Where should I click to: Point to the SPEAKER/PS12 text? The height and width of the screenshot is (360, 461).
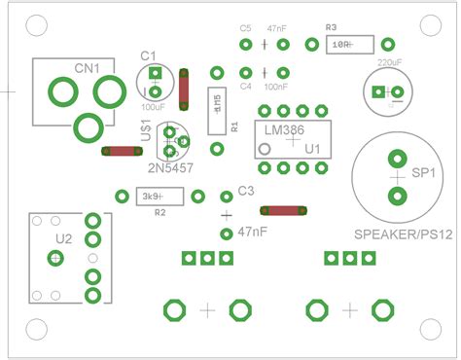[402, 234]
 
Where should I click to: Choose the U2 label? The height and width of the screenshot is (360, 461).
[63, 237]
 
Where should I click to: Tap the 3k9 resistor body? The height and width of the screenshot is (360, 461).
[150, 197]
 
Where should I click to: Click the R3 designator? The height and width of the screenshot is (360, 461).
[332, 27]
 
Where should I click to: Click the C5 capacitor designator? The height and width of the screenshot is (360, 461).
[245, 28]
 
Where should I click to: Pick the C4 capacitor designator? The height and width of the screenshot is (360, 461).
[245, 86]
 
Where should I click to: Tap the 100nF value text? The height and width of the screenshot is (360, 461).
[276, 86]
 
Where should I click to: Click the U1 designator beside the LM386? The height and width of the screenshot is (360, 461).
[312, 149]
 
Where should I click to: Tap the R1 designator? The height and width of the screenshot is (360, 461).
[233, 126]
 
